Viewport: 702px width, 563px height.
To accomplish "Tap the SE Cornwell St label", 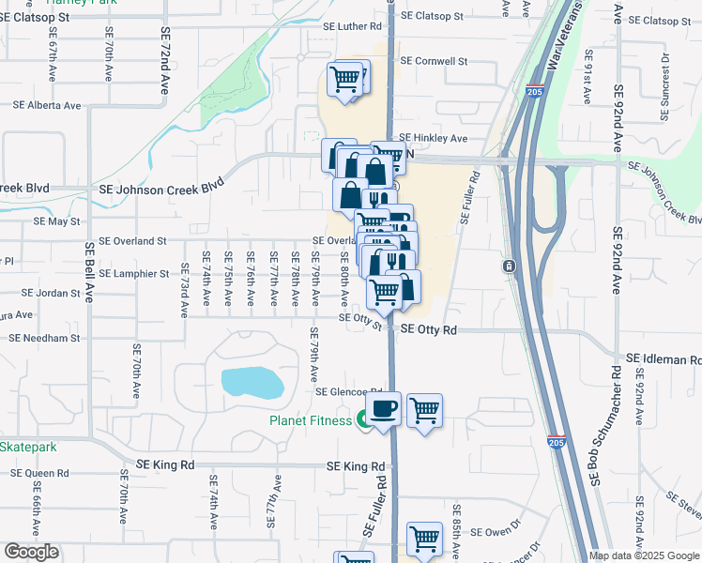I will pyautogui.click(x=434, y=61).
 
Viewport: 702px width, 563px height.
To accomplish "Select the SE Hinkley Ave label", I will pyautogui.click(x=434, y=138).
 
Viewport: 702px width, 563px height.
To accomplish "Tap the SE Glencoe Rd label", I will pyautogui.click(x=350, y=392).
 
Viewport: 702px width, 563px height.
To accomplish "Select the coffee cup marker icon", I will pyautogui.click(x=383, y=409).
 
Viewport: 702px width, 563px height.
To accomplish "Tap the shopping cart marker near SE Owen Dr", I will pyautogui.click(x=424, y=540).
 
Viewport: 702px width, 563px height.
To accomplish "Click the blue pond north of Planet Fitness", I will pyautogui.click(x=252, y=383).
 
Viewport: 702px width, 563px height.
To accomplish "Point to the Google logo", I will pyautogui.click(x=31, y=552).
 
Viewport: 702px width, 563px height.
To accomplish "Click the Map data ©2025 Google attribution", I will pyautogui.click(x=644, y=555).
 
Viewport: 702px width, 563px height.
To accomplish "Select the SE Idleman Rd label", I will pyautogui.click(x=663, y=359).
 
